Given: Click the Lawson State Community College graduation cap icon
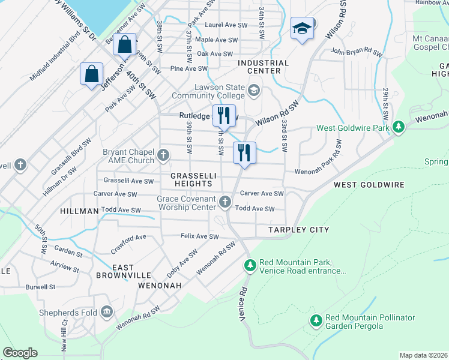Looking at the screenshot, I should pos(254,91).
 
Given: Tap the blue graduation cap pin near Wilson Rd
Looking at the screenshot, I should pos(301,28).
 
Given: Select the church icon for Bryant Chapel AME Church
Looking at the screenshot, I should pos(163,157).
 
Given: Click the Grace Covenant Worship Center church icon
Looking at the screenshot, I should pos(225,202).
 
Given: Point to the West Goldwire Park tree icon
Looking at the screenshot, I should pos(398,127).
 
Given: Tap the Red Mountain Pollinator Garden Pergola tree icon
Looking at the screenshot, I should pos(316,321).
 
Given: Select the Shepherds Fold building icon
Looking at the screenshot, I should pos(107,311).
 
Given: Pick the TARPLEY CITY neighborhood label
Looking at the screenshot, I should pos(290,230).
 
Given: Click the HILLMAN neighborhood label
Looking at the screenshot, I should pos(79,212).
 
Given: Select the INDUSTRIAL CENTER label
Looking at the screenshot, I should pos(263,67).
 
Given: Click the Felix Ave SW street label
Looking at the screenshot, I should pos(200,237).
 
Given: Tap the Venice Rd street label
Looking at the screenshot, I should pos(244,305).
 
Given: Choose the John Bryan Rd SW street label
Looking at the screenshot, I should pos(356,53).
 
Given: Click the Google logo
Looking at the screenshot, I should pos(20,353).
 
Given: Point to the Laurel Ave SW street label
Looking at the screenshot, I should pos(226,25).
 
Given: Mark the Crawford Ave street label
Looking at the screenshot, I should pos(128,242).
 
